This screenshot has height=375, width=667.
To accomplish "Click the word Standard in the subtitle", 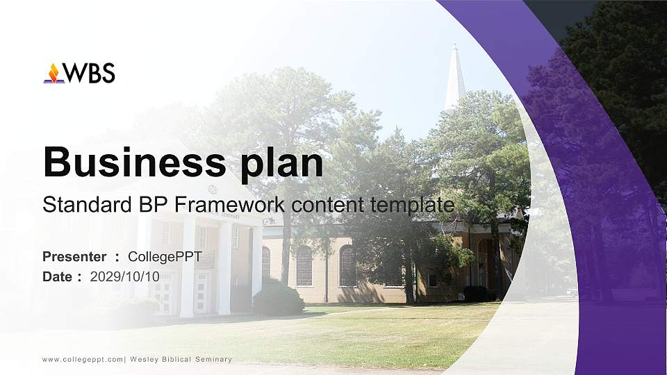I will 76,206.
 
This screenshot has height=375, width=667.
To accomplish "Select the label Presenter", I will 74,257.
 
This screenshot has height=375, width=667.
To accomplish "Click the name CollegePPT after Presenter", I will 165,257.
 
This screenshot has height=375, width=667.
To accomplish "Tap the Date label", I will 58,276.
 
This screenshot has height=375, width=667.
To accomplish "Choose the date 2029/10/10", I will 125,276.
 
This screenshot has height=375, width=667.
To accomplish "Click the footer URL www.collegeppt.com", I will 83,360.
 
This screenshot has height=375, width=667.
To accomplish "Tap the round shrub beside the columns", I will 277,299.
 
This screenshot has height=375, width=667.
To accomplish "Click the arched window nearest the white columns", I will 266,262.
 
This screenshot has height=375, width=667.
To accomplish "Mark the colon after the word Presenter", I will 117,258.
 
